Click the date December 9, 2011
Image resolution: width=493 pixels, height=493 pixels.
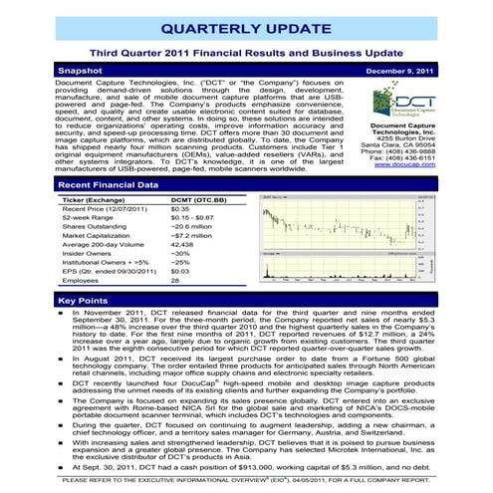coord(393,72)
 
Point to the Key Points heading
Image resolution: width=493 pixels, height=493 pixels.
coord(84,300)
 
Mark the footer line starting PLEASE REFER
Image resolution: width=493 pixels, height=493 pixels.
coord(246,481)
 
